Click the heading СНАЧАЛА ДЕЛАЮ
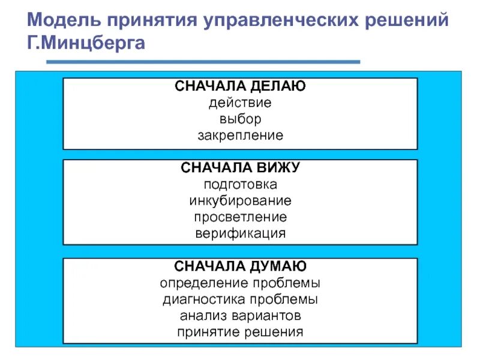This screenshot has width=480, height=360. [240, 86]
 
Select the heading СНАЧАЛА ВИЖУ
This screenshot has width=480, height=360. [240, 168]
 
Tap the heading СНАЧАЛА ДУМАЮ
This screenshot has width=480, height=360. [240, 266]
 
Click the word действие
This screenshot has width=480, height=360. [240, 103]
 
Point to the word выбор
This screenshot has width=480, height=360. [240, 119]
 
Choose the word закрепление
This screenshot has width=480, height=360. [240, 135]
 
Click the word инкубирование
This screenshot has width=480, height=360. [240, 200]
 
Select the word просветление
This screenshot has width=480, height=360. [240, 217]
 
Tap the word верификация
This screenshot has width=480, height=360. [240, 233]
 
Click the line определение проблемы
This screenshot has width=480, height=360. [240, 283]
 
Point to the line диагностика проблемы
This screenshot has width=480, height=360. [240, 299]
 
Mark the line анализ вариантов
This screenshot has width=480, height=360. [240, 315]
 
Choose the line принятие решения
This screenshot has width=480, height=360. [240, 331]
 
